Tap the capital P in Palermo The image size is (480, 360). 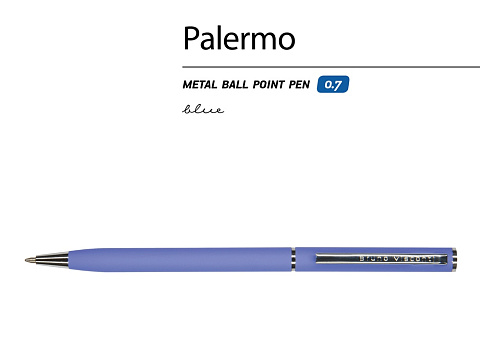(x=191, y=39)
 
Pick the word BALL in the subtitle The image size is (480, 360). (x=237, y=85)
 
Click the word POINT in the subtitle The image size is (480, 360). (x=271, y=85)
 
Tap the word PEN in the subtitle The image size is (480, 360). (x=302, y=85)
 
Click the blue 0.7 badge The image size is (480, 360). (x=333, y=85)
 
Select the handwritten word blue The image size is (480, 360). (x=203, y=109)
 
